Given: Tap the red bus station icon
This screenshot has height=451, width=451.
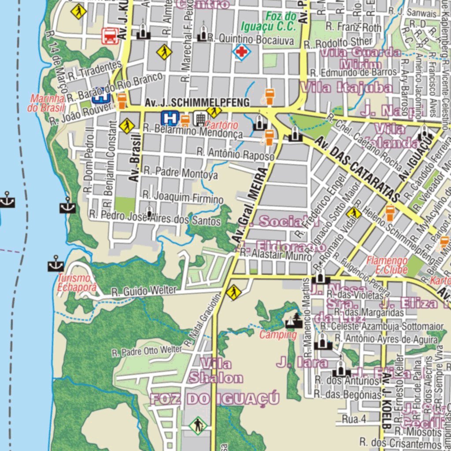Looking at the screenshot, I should click(x=110, y=36).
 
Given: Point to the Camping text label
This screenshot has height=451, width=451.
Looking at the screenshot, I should click(x=277, y=335).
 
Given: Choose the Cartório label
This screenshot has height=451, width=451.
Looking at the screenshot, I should click(x=224, y=125).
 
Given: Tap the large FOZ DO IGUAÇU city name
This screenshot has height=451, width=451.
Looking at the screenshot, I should click(x=215, y=399).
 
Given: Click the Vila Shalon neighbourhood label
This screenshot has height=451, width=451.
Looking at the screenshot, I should click(x=216, y=371).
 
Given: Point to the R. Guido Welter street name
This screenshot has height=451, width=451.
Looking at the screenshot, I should click(x=144, y=291).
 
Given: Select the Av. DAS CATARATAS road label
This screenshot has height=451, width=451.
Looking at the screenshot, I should click(x=359, y=168).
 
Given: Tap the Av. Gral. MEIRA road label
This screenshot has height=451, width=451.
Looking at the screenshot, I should click(x=251, y=203).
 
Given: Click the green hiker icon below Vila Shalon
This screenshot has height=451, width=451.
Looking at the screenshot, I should click(x=198, y=425).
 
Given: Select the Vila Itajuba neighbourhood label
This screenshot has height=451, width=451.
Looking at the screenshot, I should click(x=346, y=88).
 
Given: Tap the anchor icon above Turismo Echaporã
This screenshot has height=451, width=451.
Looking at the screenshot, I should click(x=56, y=265).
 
